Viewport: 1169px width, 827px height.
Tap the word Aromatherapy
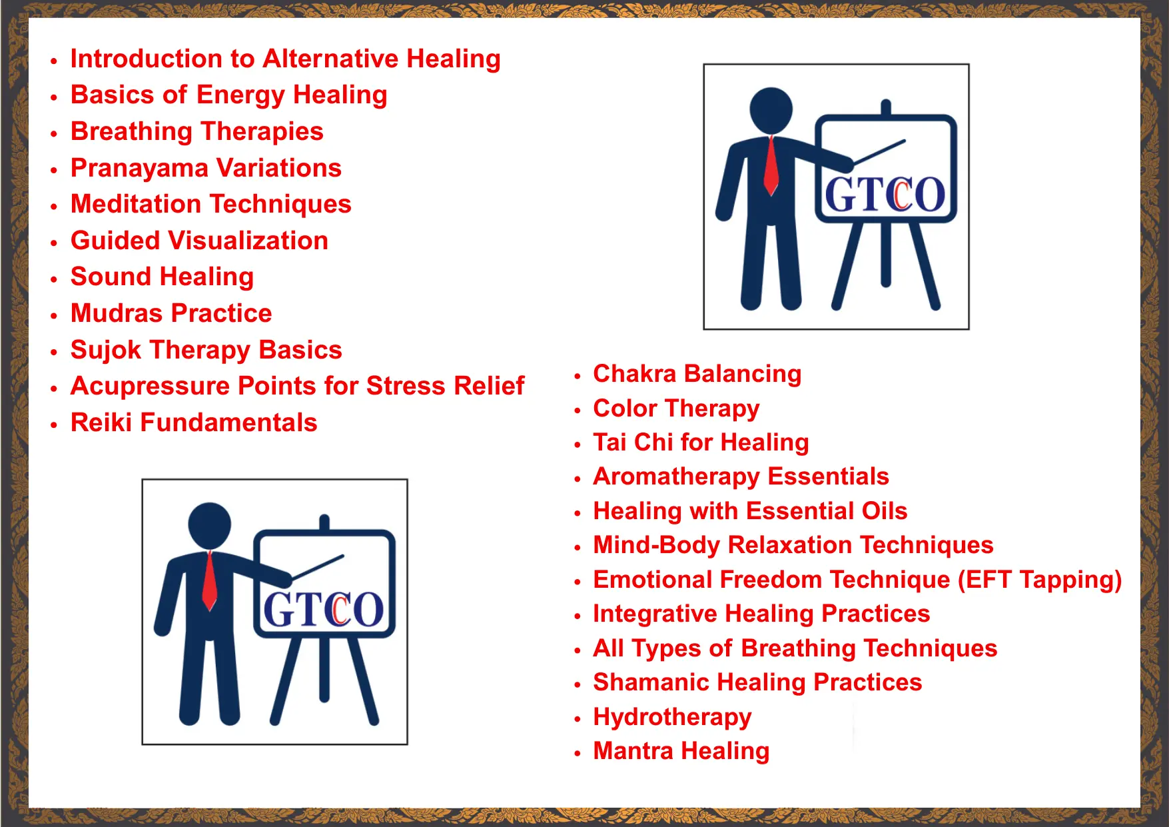(677, 477)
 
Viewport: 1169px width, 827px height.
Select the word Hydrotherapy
(672, 718)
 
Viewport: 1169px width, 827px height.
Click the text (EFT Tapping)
(1040, 580)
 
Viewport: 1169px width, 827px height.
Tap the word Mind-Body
(657, 546)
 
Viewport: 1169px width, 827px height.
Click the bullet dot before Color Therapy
(578, 411)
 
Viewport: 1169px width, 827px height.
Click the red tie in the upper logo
(771, 166)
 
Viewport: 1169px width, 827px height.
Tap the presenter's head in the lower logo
(210, 524)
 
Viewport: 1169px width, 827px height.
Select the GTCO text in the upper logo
(885, 195)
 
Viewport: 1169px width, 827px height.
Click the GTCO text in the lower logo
(324, 610)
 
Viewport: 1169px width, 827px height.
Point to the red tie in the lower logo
(209, 581)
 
